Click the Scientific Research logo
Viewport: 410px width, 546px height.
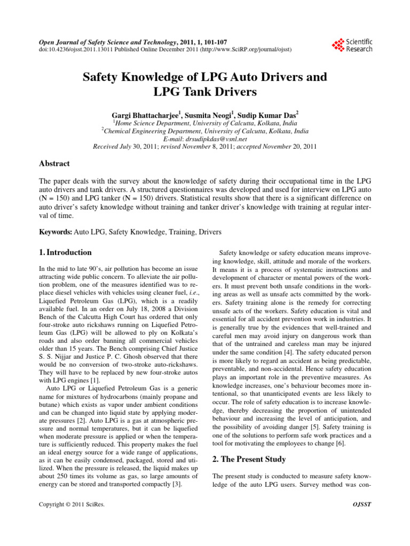click(352, 45)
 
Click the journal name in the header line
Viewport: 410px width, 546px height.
click(106, 41)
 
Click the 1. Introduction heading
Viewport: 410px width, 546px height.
click(66, 252)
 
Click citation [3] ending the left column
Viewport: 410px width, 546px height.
click(177, 484)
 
